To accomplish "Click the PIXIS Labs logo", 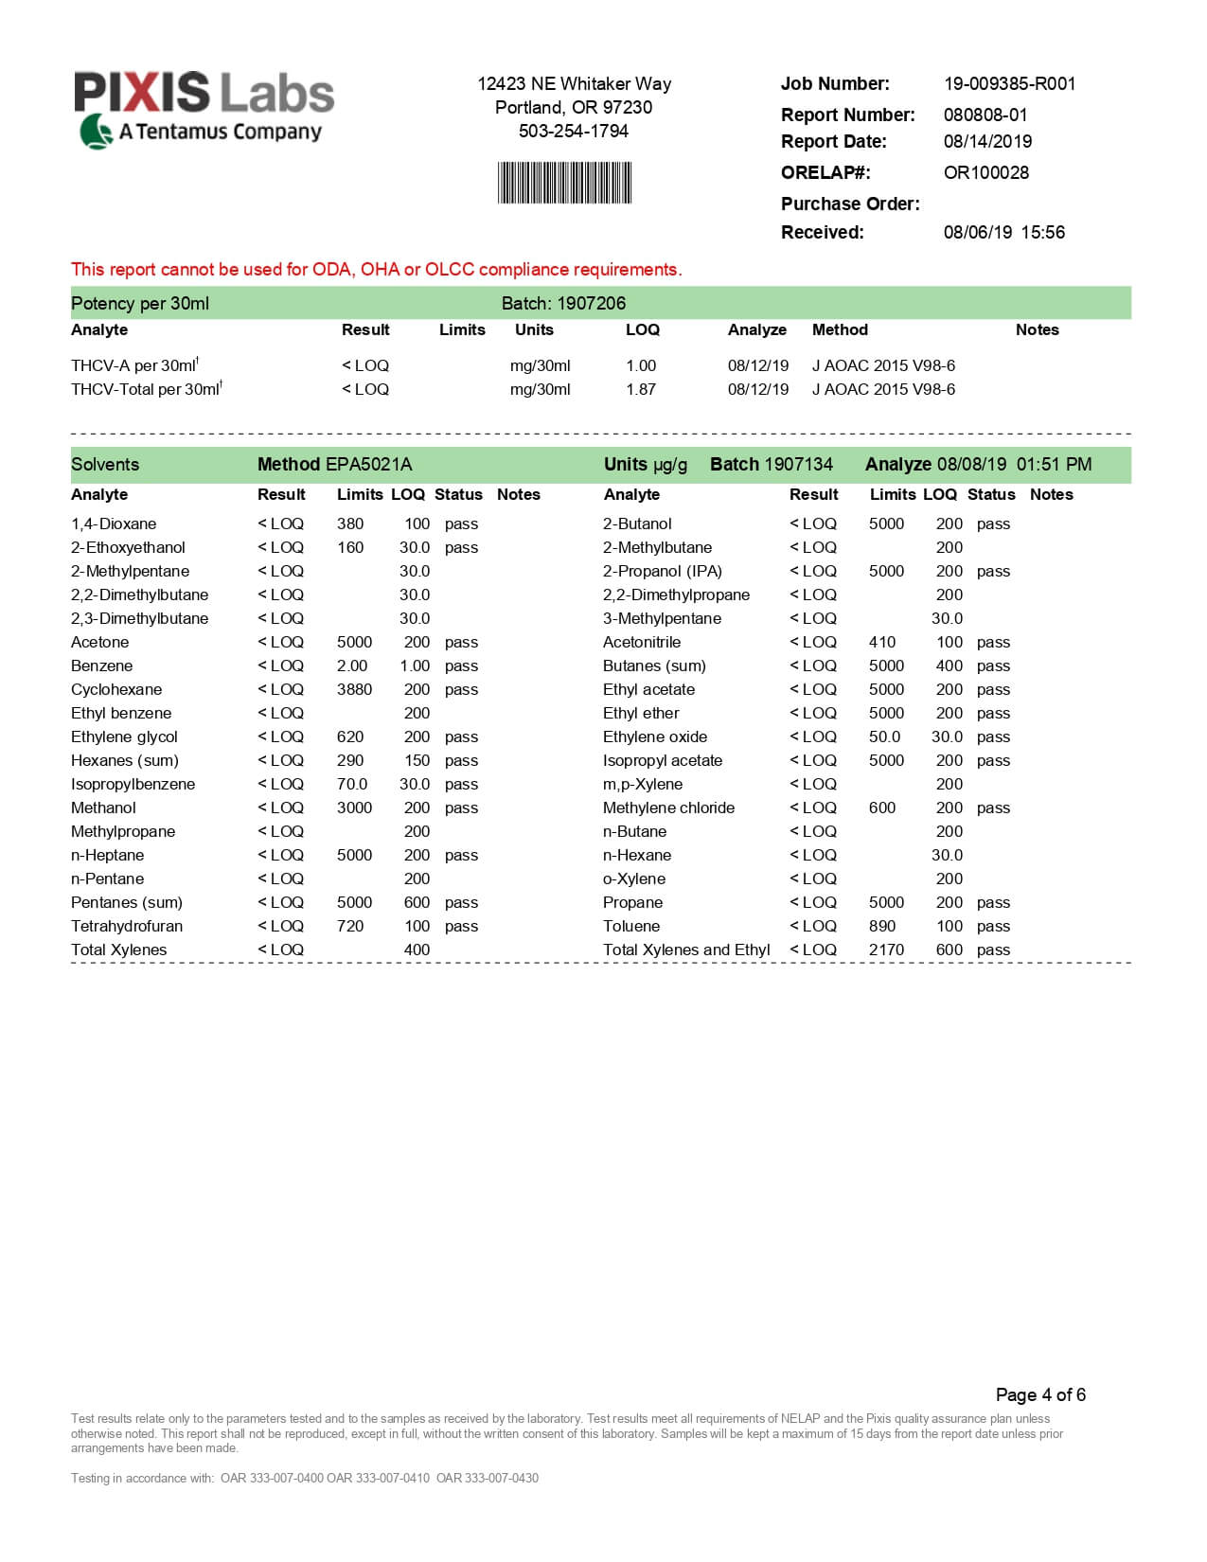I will [204, 109].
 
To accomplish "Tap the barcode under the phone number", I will [564, 183].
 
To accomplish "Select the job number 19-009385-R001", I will [1009, 83].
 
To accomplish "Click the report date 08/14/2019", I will [987, 141].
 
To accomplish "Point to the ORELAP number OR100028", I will [985, 172].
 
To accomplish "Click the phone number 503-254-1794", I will [573, 131].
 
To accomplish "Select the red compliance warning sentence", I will [376, 269].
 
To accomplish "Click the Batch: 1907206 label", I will [563, 303].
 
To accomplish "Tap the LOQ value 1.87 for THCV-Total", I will [641, 389].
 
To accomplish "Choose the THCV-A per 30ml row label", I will [133, 365].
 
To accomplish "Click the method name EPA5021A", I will [368, 464].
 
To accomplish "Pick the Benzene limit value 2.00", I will [352, 666].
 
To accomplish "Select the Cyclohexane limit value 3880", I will [354, 689].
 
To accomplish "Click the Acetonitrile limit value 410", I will [882, 642].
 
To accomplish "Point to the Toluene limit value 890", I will [882, 926].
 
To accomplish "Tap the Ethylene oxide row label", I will [655, 737].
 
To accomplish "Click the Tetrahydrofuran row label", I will [127, 926].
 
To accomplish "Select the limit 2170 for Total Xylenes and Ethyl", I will [886, 950].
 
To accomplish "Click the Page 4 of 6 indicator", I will [1040, 1394].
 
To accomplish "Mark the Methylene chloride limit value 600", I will [882, 808].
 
